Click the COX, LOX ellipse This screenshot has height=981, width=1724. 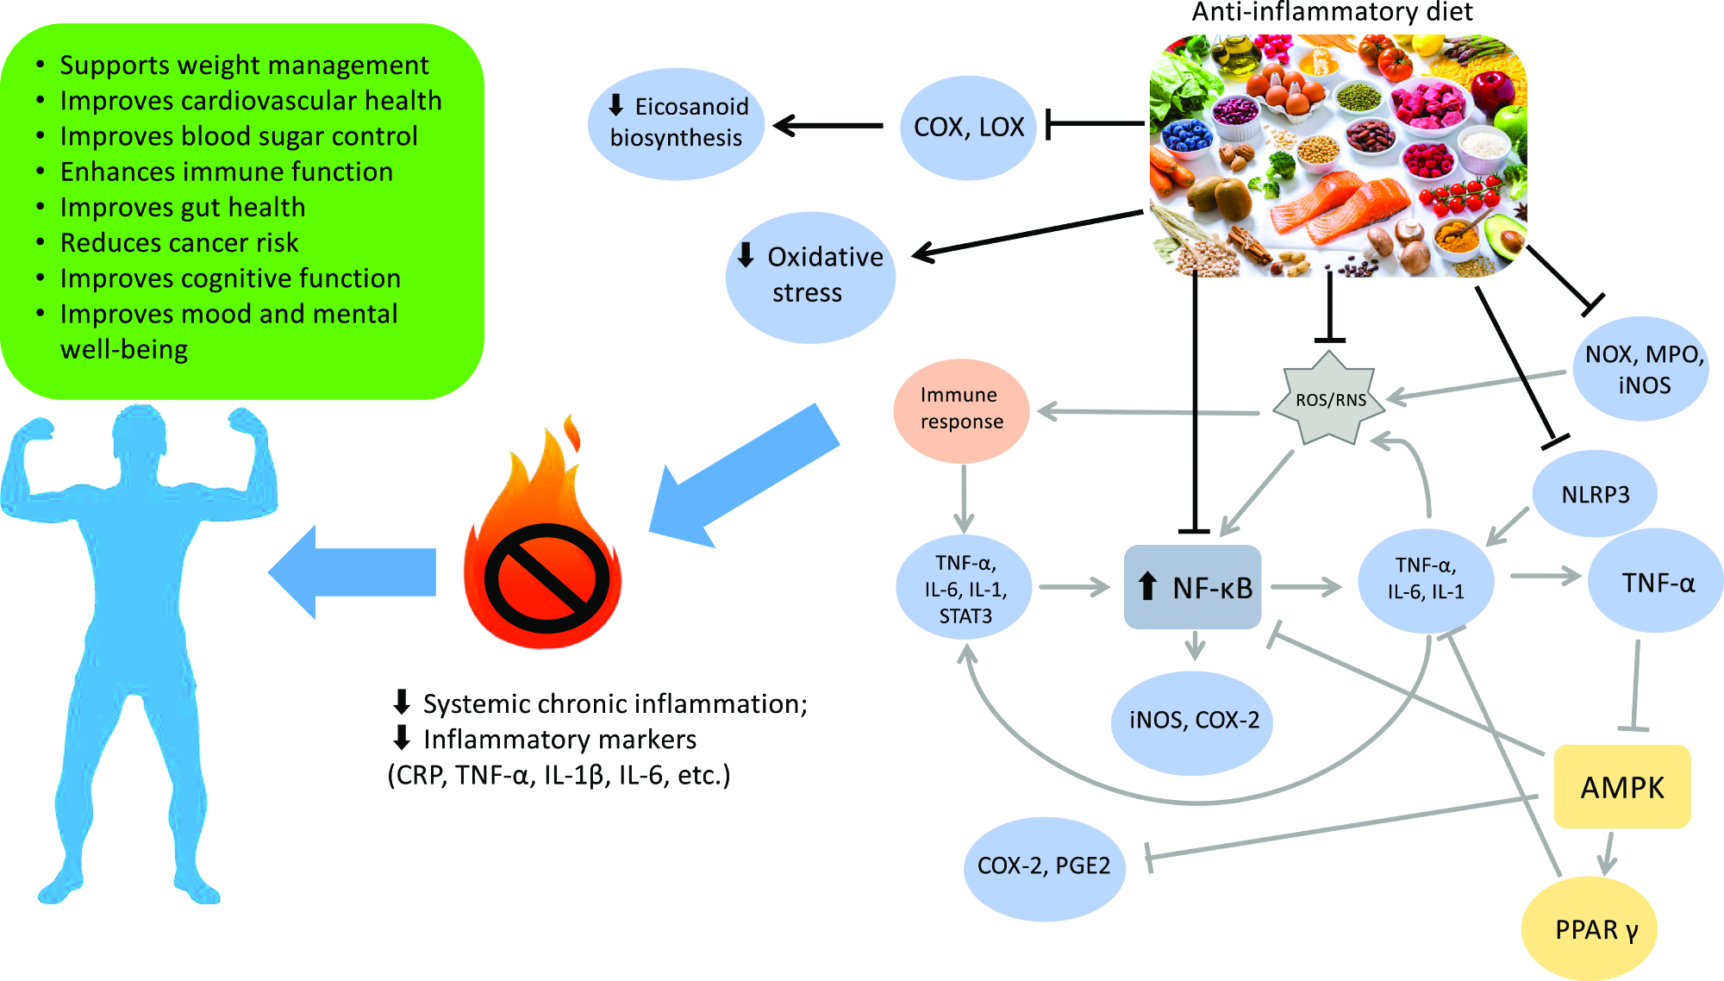coord(968,128)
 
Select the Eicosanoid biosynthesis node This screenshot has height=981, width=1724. coord(676,123)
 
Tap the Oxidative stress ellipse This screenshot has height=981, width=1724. coord(810,276)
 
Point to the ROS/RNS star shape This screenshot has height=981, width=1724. coord(1330,399)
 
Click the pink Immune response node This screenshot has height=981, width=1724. coord(961,409)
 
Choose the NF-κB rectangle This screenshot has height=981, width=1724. coord(1193,587)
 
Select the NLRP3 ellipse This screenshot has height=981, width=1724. coord(1595,495)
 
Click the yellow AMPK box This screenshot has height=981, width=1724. coord(1621,787)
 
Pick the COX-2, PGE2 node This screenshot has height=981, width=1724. coord(1044,866)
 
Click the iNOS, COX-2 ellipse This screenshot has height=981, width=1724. coord(1194,721)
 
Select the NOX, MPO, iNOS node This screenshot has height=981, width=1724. coord(1643,369)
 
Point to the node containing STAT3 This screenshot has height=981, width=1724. coord(965,589)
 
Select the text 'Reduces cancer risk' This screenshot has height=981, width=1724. coord(179,243)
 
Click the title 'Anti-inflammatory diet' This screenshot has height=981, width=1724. coord(1332,12)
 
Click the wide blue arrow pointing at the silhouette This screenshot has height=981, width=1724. coord(353,572)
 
